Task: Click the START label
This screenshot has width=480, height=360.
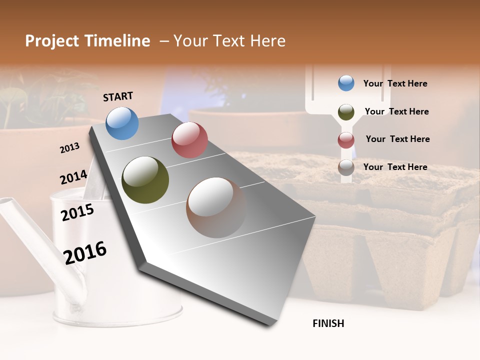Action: point(118,96)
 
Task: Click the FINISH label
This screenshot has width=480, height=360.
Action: point(328,323)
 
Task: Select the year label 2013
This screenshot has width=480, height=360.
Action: point(69,148)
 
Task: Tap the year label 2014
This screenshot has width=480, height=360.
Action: point(73,177)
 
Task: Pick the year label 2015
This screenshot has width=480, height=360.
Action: point(77,212)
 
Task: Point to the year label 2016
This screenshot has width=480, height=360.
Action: point(85,252)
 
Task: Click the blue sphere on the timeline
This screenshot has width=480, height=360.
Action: point(122,123)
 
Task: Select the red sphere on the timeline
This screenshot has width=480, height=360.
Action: point(189,140)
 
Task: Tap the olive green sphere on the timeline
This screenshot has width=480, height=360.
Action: point(145,180)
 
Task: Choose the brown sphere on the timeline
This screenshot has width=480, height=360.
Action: point(216,207)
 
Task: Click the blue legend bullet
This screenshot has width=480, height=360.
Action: point(346,83)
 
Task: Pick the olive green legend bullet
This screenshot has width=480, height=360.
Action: point(346,112)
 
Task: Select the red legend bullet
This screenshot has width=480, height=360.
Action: point(346,140)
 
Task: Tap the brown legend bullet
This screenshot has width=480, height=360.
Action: point(346,167)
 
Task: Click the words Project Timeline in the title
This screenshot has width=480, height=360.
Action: point(87,41)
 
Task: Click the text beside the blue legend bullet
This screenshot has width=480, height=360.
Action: point(395,83)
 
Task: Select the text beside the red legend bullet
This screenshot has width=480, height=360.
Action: point(397,139)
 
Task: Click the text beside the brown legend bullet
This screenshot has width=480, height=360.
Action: point(395,167)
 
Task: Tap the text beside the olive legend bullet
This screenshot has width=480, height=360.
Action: point(396,111)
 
